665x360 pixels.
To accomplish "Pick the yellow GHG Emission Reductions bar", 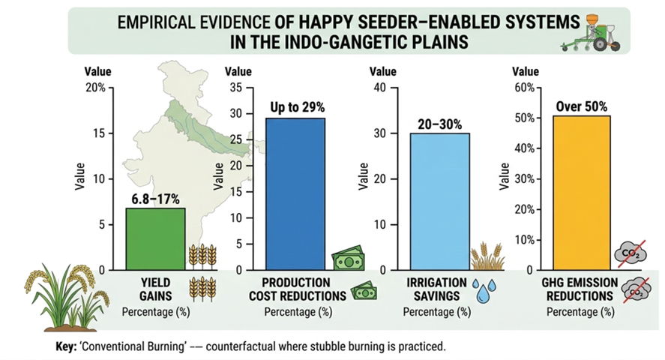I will click(582, 193).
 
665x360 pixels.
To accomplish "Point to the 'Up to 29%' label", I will click(295, 107).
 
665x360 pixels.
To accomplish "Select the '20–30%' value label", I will click(439, 123).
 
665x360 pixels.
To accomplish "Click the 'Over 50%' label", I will click(581, 106).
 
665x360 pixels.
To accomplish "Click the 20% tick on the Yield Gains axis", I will click(96, 88).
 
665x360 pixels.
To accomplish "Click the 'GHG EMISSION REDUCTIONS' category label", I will click(580, 289).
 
